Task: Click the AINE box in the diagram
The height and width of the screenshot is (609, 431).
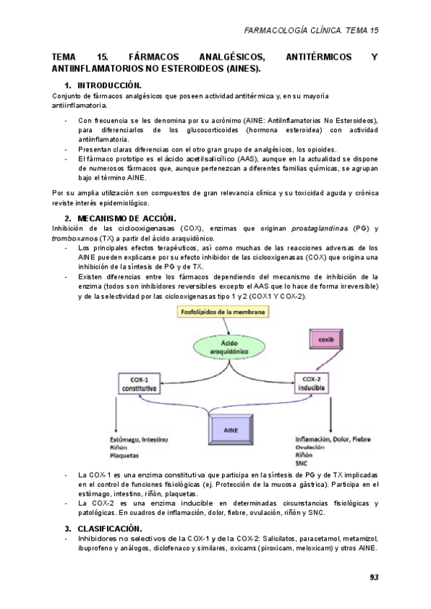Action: [231, 429]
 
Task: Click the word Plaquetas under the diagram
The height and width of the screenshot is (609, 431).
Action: [124, 455]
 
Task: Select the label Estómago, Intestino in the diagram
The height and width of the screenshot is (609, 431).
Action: [140, 438]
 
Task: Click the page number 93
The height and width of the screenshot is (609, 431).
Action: [374, 577]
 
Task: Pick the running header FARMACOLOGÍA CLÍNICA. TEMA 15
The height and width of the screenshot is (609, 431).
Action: [311, 31]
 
